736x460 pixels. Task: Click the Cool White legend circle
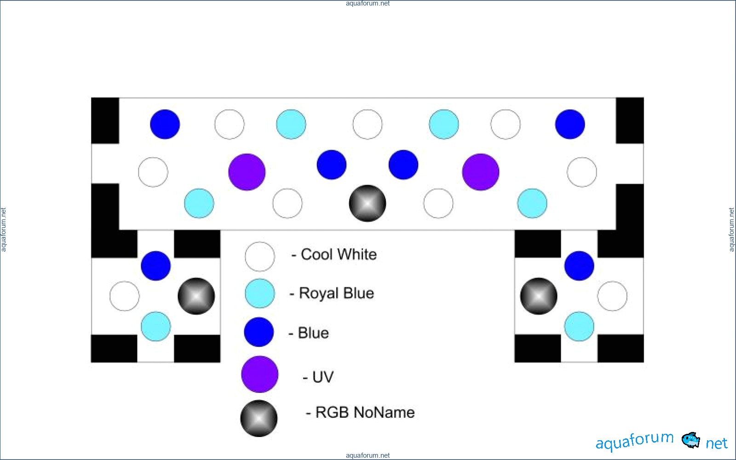259,256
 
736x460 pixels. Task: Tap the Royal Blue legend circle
259,293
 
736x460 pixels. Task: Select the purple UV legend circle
259,374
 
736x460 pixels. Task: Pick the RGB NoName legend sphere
259,418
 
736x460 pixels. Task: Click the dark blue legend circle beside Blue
259,332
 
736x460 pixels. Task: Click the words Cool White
339,254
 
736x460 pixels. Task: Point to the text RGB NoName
365,412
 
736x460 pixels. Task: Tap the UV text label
322,377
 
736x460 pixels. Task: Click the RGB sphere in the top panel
367,203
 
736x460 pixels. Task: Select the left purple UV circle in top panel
247,172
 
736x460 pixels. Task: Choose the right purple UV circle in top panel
481,172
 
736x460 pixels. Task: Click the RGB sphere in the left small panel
196,296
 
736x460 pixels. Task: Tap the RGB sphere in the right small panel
539,296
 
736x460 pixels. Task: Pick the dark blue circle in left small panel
156,266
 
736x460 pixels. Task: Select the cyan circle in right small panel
579,326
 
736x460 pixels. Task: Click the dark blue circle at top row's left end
165,124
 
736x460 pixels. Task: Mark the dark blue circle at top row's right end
570,124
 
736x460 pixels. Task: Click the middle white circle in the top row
367,124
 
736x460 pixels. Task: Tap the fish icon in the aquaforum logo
690,440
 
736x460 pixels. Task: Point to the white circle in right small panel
612,296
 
